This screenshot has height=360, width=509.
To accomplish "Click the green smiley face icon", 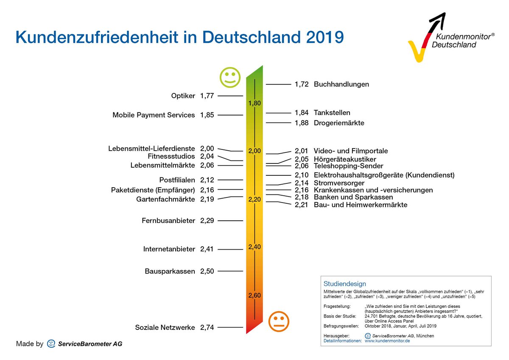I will click(x=230, y=77).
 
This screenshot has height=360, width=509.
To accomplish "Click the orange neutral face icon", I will click(x=279, y=321).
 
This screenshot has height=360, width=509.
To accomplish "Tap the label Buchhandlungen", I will click(x=341, y=84).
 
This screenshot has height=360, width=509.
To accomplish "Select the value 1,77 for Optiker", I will click(x=207, y=96).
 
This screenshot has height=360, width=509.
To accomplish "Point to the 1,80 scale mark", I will click(x=255, y=103).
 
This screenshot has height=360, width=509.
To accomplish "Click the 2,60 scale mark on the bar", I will click(x=255, y=295).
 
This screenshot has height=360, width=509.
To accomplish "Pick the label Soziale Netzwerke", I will click(x=165, y=327).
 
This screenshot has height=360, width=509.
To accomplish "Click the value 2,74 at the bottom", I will click(x=207, y=327).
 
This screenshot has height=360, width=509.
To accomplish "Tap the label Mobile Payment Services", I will click(x=154, y=115).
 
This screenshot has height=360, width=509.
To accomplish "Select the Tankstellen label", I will click(x=332, y=113).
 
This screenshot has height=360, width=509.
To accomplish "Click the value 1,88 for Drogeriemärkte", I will click(x=302, y=123).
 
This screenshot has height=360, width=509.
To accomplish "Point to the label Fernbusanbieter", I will click(x=168, y=221).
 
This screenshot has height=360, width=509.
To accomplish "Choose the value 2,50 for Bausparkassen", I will click(x=207, y=271).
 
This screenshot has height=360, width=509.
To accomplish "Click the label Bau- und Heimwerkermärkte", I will click(x=360, y=205).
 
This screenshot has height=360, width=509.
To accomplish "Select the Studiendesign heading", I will click(x=344, y=284).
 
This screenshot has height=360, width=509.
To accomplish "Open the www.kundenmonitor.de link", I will click(x=387, y=340).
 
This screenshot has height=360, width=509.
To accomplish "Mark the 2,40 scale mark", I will click(x=255, y=247).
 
